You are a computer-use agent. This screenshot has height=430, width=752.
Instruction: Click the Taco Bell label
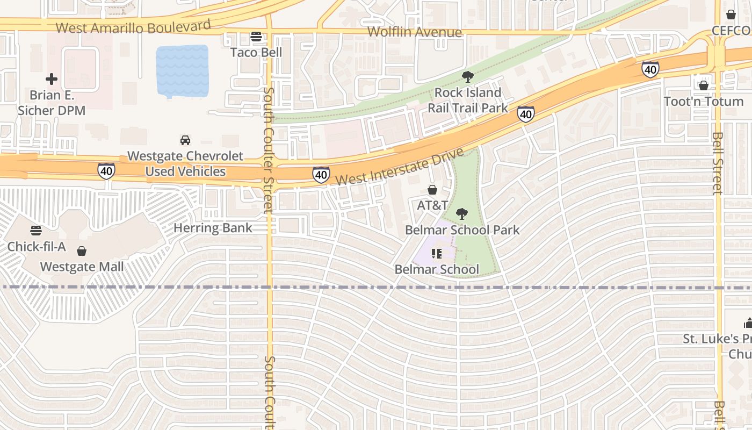(256, 52)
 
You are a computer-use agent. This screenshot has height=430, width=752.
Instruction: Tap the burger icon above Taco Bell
(256, 37)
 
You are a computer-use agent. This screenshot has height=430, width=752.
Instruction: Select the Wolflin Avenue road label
(414, 32)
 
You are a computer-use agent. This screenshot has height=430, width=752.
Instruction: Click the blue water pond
(182, 71)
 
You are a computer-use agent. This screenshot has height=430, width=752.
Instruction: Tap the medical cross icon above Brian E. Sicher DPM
(52, 80)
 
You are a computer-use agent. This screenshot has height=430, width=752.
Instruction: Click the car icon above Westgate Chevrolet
(185, 140)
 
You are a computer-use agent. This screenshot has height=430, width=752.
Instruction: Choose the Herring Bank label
(213, 228)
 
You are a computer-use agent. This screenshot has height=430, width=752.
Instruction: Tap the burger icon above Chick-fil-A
(36, 231)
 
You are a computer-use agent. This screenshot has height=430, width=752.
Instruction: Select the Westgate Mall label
(82, 267)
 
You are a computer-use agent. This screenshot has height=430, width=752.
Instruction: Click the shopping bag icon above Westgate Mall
(82, 251)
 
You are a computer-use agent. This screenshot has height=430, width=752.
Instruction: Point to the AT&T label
(432, 205)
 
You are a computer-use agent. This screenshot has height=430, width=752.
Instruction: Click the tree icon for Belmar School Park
(461, 214)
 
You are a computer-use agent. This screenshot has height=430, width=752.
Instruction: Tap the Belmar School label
(437, 269)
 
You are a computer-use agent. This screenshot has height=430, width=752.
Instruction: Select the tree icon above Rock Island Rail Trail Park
(468, 76)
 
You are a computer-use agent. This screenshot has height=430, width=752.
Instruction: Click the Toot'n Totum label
(704, 102)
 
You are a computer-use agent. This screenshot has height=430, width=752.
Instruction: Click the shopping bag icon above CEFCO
(731, 15)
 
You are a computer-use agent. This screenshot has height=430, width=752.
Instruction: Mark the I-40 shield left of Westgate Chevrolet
(106, 171)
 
